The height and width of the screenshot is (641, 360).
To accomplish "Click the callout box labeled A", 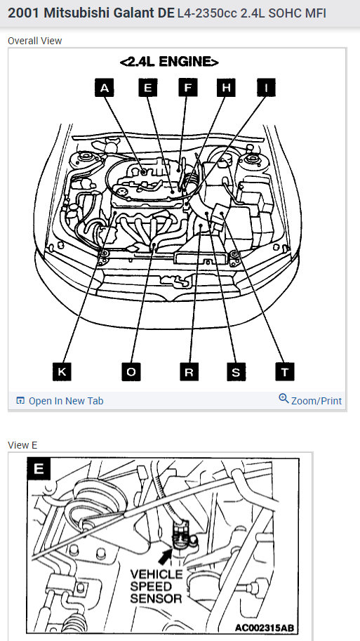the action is (104, 88).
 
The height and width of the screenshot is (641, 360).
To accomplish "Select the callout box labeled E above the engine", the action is (148, 88).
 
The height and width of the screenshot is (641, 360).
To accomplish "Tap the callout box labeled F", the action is (188, 88).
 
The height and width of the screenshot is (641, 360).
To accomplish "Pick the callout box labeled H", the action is (226, 88).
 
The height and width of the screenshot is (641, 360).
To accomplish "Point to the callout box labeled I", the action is (266, 88).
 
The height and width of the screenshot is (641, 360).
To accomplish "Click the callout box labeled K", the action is (62, 372).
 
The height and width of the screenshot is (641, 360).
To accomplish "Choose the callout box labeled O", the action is (131, 372).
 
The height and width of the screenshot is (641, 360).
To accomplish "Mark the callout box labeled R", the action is (189, 372).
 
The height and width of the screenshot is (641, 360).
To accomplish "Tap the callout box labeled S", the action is (236, 372).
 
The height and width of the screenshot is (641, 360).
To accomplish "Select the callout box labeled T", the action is (285, 372).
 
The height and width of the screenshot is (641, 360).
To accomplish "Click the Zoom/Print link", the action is (316, 401).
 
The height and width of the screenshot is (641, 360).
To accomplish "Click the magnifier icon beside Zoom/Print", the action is (284, 398).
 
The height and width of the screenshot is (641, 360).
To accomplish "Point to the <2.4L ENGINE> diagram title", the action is (169, 62).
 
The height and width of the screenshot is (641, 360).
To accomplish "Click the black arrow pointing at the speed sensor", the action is (166, 556).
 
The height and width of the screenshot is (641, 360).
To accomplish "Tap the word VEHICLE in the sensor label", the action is (156, 574).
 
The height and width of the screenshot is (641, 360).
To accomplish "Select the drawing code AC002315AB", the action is (265, 628).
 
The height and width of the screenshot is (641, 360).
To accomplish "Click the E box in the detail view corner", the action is (39, 468).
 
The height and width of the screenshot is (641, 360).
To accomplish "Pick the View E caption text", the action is (22, 445).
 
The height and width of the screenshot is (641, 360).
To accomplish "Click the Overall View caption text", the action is (34, 41).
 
